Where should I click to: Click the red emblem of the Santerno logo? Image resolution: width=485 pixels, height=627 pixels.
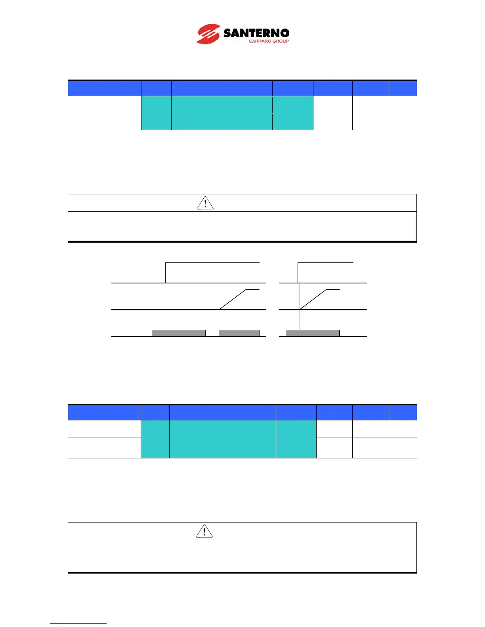208,34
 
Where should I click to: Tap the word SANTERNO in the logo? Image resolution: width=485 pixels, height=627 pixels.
256,33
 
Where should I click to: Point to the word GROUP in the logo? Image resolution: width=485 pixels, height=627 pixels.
281,41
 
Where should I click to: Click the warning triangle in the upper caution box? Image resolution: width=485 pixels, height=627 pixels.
205,203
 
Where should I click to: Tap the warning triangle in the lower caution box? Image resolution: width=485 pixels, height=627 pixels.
204,531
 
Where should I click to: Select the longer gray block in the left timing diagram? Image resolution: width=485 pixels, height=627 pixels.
179,333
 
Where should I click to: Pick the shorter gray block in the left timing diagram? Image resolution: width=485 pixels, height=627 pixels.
239,333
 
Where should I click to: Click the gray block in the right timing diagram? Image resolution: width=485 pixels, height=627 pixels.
313,333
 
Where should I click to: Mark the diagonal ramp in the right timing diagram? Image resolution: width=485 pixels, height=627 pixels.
313,300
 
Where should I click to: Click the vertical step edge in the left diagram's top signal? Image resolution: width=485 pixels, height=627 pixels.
165,273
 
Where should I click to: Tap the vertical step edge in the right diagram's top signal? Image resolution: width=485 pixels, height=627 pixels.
298,273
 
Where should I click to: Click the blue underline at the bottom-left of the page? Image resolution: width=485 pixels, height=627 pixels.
78,624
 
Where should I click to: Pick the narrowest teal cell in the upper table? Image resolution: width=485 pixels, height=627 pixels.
156,113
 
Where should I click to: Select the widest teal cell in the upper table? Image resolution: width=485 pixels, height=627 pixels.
221,113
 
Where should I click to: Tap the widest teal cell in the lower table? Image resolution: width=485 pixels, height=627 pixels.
222,439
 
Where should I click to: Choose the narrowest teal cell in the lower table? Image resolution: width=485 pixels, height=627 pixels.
155,439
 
